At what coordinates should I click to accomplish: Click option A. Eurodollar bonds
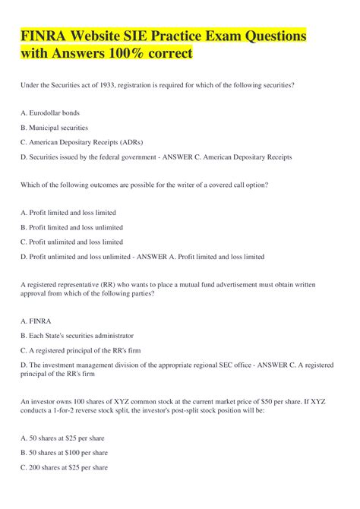(49, 112)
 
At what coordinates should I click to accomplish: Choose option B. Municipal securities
(54, 128)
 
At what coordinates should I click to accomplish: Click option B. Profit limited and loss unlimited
(71, 227)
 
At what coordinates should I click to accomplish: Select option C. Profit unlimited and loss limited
(71, 242)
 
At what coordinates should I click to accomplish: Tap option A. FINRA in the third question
(33, 321)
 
